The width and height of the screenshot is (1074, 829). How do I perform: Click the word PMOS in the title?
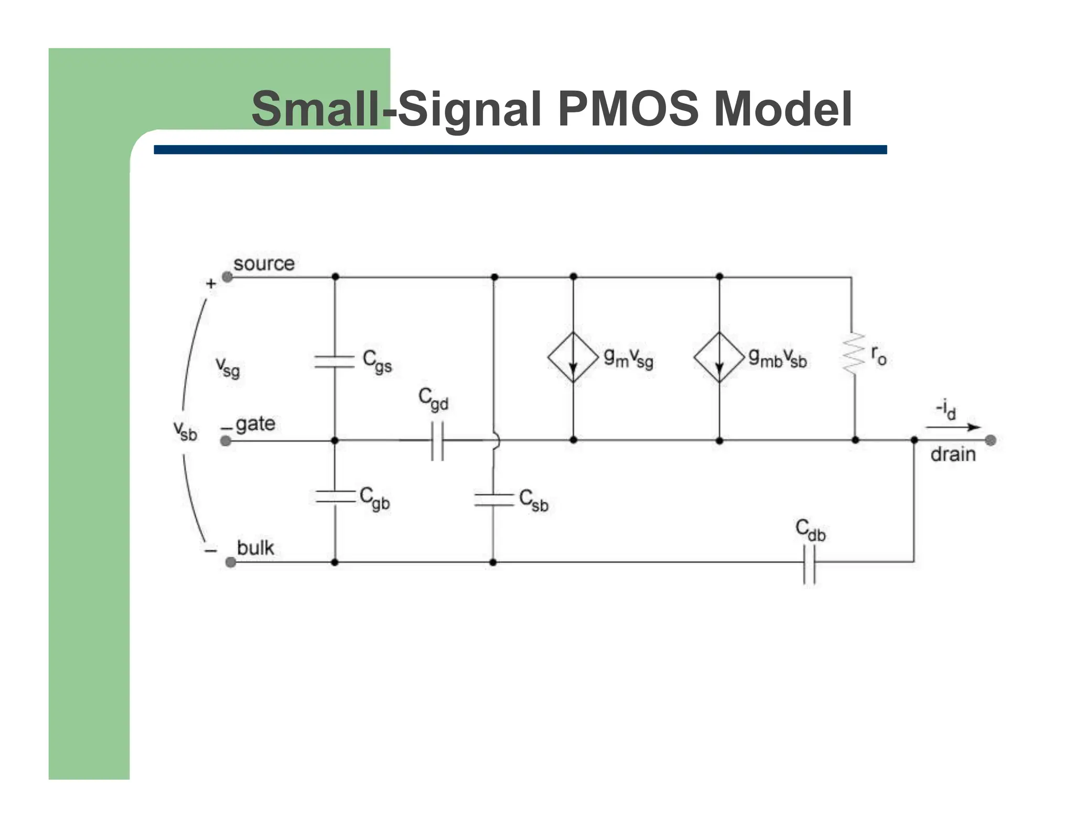[x=628, y=109]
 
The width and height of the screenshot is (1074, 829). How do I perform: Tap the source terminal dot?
[x=227, y=277]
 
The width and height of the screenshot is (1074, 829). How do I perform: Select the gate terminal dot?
[x=225, y=441]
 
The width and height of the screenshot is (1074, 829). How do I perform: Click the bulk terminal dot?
[x=230, y=562]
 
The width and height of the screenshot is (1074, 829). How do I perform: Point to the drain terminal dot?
[x=990, y=440]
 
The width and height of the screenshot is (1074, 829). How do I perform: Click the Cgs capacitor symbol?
[x=335, y=361]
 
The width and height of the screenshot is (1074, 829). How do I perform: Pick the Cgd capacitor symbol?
[x=437, y=441]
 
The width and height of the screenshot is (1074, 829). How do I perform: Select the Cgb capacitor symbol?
[x=335, y=496]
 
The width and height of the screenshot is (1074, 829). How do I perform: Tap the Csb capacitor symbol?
[x=493, y=499]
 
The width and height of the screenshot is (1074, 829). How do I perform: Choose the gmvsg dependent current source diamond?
[x=573, y=357]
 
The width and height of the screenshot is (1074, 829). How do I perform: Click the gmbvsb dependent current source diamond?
[x=719, y=357]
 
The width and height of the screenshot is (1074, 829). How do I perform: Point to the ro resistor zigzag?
[x=853, y=354]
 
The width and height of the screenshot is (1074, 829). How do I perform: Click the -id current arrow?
[x=952, y=427]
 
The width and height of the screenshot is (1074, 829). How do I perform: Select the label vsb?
[x=185, y=431]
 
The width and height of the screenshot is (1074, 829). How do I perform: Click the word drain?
[x=953, y=454]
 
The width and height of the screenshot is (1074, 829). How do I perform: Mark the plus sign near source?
[x=211, y=283]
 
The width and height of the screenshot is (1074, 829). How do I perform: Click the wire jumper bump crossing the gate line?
[x=495, y=441]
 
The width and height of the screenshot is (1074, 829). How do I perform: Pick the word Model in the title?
[x=782, y=109]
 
